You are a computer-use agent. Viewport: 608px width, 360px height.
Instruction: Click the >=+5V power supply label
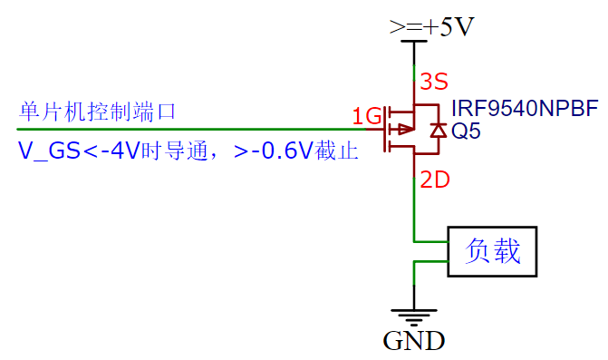tap(431, 27)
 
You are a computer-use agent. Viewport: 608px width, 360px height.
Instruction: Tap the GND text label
tap(414, 342)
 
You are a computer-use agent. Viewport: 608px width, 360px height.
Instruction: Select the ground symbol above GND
tap(414, 316)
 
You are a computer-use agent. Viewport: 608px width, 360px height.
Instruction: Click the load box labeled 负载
tap(493, 251)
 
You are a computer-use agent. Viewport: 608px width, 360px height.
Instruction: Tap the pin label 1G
tap(367, 116)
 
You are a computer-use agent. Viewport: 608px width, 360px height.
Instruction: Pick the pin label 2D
tap(435, 180)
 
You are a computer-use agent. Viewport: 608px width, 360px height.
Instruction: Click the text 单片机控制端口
tap(97, 112)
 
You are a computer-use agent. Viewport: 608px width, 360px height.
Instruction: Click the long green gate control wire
tap(181, 129)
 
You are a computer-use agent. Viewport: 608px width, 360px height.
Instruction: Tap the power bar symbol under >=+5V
tap(414, 42)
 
